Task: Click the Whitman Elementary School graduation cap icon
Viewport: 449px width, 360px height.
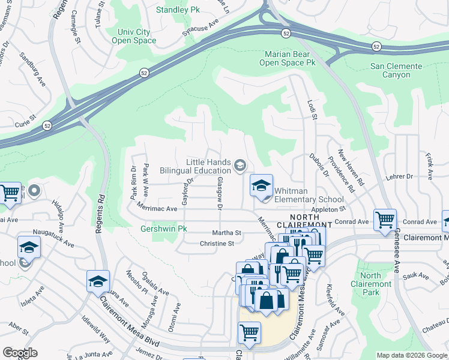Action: [261, 185]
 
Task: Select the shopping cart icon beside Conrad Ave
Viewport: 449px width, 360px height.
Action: [384, 220]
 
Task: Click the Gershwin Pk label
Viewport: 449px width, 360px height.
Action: [164, 229]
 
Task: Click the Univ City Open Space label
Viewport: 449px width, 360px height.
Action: [134, 36]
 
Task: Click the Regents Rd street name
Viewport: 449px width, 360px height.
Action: [100, 214]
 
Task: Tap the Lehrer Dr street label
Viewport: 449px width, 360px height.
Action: [401, 176]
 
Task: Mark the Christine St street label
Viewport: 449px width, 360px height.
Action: [217, 244]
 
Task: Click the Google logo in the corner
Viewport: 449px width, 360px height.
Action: [20, 353]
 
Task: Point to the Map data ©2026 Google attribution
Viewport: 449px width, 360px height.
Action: [412, 355]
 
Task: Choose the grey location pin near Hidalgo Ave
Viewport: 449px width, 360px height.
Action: [34, 192]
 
